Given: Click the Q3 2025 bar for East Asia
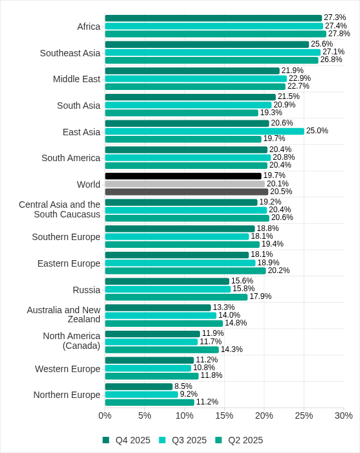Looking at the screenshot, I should point(204,131).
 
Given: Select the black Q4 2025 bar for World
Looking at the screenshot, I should point(183,176).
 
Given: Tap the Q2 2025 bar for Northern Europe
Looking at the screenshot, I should point(149,402).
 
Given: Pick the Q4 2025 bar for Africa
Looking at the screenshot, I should point(213,18).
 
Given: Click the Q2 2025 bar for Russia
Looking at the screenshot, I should point(176,297).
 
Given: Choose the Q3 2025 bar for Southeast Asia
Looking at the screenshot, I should point(212,52).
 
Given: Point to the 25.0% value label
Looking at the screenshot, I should point(317,131).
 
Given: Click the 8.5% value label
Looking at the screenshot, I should point(183,386).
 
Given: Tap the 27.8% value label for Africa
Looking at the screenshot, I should point(339,34).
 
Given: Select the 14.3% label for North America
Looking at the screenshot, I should point(231,349).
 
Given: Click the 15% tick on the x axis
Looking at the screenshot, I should point(224,415).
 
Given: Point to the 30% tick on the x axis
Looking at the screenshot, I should point(343,415).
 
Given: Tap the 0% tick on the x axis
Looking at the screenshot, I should point(105,415).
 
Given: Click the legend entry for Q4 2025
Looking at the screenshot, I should point(126,440).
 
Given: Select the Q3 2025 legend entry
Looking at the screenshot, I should point(183,440).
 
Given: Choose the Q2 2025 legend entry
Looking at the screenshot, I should point(239,440).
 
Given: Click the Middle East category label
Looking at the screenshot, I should point(76,79).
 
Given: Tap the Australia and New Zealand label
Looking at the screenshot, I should point(63,315).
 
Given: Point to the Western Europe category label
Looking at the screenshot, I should point(67,369).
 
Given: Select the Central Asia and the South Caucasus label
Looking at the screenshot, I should point(60,209).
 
